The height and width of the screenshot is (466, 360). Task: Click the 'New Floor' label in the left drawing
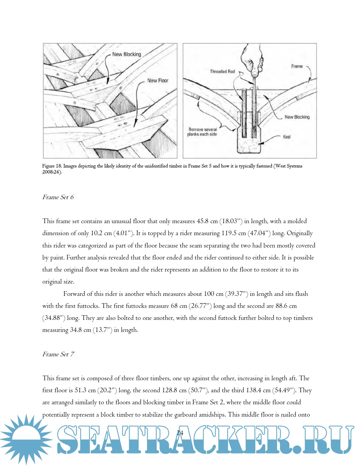point(158,80)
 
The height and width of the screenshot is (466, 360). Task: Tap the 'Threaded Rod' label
point(222,71)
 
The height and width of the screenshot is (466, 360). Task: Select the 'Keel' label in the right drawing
point(287,137)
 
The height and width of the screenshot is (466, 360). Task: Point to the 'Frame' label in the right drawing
point(297,66)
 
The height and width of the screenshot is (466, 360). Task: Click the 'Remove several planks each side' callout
point(202,132)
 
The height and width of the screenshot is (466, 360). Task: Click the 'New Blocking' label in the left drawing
point(127,54)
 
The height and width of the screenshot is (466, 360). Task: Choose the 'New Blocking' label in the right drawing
point(297,117)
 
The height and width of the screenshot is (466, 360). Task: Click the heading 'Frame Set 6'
point(58,197)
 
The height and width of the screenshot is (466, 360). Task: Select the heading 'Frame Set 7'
point(58,354)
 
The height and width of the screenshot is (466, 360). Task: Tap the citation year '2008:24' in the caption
point(51,172)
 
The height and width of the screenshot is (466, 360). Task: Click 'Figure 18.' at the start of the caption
point(52,166)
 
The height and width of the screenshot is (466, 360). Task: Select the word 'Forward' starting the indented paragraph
point(74,294)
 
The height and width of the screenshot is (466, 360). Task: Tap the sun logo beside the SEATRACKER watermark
point(26,439)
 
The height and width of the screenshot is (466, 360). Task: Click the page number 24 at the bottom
point(180,433)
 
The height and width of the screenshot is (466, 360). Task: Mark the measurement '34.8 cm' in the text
point(80,330)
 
